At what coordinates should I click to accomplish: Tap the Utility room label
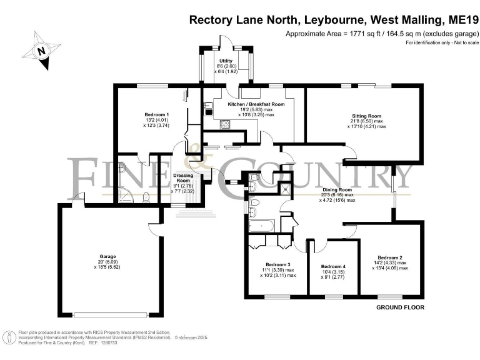(x=226, y=61)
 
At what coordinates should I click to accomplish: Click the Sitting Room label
(x=366, y=116)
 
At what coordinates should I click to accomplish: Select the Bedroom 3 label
(x=278, y=264)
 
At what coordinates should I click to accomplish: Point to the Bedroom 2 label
(x=389, y=257)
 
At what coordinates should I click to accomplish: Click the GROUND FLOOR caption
(x=400, y=307)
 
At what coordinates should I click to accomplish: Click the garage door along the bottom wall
(x=110, y=314)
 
